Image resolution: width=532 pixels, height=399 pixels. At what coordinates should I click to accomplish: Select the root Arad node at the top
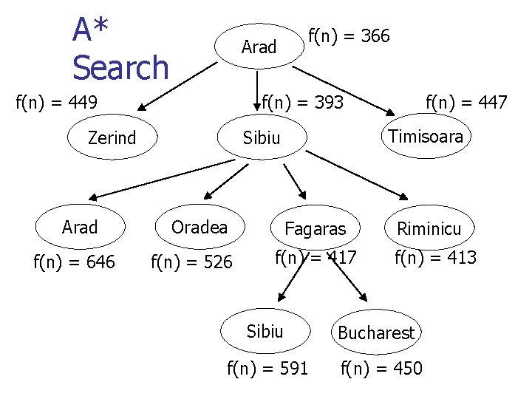pos(259,47)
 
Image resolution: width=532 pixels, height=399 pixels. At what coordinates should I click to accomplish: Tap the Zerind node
pos(112,137)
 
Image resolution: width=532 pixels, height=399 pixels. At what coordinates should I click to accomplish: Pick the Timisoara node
pos(426,136)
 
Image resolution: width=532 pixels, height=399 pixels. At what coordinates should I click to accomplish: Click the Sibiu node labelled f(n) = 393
pos(262,138)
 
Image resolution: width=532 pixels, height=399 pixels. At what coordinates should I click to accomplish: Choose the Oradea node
pos(199,227)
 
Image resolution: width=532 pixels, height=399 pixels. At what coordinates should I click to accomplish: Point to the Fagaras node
pos(315,229)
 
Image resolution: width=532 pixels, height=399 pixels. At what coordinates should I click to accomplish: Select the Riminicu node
pos(429,229)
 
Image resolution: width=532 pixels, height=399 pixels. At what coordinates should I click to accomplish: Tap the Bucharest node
pos(376,332)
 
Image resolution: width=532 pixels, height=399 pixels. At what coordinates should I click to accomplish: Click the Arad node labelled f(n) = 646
pos(80,227)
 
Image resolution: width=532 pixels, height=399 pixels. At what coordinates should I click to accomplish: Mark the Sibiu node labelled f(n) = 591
pos(265,330)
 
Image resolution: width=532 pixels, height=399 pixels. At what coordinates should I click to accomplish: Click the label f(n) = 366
pos(349,35)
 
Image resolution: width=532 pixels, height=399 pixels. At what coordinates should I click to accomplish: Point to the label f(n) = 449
pos(58,103)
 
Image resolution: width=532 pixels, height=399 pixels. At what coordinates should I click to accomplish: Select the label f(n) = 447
pos(465,102)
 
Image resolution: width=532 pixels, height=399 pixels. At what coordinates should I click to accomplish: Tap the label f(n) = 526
pos(191,262)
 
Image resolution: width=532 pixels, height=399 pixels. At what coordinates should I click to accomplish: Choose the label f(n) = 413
pos(435,257)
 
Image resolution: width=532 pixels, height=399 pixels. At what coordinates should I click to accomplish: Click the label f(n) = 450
pos(381,367)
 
